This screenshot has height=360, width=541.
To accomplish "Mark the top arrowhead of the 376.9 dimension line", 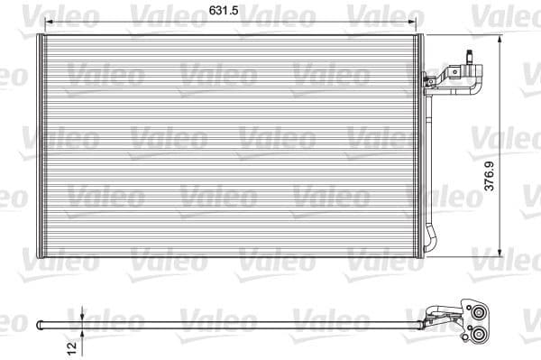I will (501, 38).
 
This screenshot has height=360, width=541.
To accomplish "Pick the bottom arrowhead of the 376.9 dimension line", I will (501, 254).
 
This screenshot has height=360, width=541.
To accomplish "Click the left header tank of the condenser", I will (40, 144).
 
